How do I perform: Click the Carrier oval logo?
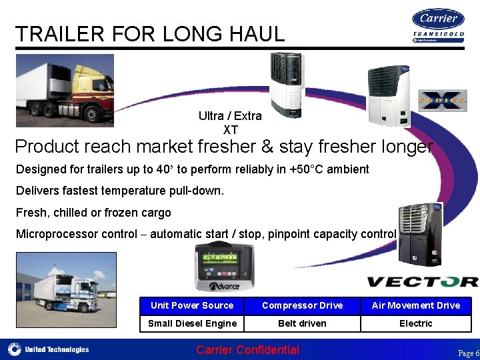438,19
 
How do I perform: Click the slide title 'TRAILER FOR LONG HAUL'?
150,33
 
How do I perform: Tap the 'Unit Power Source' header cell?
192,305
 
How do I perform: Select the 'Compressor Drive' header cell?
302,305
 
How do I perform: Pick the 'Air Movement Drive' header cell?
415,305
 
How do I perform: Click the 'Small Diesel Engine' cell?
192,323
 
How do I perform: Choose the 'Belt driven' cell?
302,323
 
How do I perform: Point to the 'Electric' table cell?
415,323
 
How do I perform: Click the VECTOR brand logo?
422,282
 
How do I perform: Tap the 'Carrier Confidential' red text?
247,350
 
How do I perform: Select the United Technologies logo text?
57,349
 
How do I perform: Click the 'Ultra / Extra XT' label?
230,123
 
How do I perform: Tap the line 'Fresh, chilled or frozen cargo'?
93,213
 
